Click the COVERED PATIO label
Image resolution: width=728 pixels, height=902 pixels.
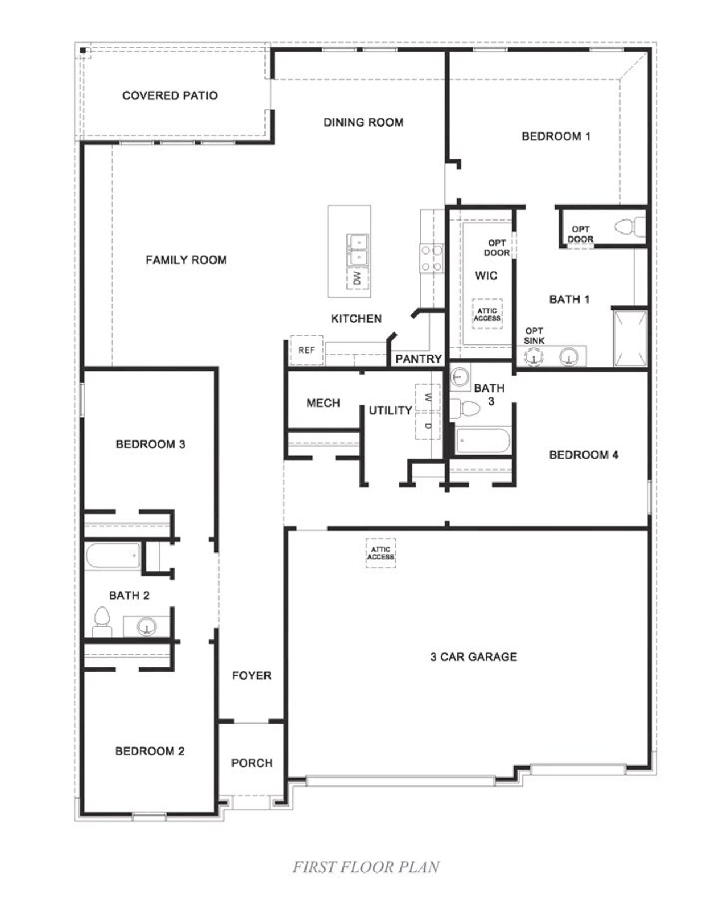[169, 95]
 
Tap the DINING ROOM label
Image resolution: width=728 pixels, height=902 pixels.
[363, 122]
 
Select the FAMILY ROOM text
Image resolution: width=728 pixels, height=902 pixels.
[186, 260]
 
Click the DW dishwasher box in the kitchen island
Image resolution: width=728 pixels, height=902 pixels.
[357, 278]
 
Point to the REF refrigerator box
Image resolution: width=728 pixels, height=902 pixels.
[307, 350]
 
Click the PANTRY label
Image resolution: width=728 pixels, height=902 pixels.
[419, 359]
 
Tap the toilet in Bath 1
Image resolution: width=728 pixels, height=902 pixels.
[629, 227]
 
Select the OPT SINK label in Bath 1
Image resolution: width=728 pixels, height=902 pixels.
[534, 335]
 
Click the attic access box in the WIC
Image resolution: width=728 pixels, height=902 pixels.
[487, 314]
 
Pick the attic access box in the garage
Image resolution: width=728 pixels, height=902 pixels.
[380, 553]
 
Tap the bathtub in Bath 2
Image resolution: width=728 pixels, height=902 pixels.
[113, 555]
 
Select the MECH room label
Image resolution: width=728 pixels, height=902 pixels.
[323, 403]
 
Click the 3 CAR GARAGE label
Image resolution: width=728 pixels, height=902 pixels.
[474, 657]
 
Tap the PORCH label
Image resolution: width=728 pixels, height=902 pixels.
[252, 763]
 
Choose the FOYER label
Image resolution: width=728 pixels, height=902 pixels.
[251, 676]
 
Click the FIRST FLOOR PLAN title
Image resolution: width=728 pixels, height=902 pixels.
[366, 867]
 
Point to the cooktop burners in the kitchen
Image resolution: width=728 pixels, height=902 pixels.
[431, 258]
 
